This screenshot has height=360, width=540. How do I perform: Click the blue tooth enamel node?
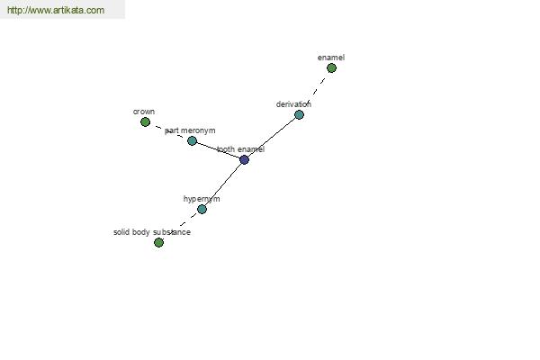pos(244,159)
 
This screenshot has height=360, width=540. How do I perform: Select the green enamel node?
pos(331,68)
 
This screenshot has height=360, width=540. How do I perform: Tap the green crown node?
pos(145,122)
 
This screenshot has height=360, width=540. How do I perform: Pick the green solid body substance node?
pos(158,242)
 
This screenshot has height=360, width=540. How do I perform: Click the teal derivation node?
pos(300,114)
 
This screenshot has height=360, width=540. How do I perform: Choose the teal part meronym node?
pos(192,140)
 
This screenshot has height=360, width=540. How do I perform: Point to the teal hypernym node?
pos(202,209)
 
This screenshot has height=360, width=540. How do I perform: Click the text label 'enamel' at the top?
pos(331,58)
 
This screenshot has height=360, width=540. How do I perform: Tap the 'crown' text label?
pos(144,112)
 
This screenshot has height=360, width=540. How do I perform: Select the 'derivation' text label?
pos(293,104)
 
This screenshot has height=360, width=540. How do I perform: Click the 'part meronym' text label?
pos(190,130)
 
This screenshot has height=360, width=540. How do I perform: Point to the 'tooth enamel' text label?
pos(240,149)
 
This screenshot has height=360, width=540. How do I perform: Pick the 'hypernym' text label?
pos(202,199)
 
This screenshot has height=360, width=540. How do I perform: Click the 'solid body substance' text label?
pos(152,232)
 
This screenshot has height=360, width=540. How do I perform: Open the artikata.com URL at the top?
pos(56,10)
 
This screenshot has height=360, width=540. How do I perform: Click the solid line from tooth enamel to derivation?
pos(272,137)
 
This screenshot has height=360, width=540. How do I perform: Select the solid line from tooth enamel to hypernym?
pos(223,184)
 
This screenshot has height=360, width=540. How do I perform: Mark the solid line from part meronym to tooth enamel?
pos(218,150)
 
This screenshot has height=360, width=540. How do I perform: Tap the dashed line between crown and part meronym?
pos(169,131)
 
